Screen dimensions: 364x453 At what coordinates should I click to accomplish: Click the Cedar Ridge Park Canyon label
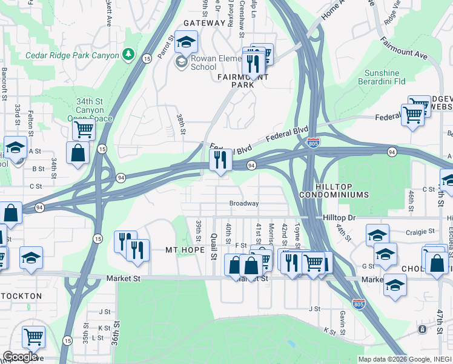click(x=72, y=55)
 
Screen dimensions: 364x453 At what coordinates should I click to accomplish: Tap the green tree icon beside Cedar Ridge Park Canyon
click(x=128, y=55)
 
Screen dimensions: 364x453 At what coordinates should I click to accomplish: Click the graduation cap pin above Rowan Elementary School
click(x=187, y=42)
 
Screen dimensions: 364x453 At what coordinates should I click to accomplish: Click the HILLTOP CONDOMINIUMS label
click(x=342, y=195)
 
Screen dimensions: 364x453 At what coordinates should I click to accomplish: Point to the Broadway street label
click(x=243, y=204)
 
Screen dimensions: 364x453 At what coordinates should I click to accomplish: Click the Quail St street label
click(x=213, y=246)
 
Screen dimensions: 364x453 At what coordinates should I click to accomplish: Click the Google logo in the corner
click(x=21, y=357)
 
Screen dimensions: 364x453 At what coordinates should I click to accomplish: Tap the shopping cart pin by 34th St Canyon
click(x=84, y=129)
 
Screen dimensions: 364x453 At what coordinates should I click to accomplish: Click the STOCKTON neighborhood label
click(x=22, y=296)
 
